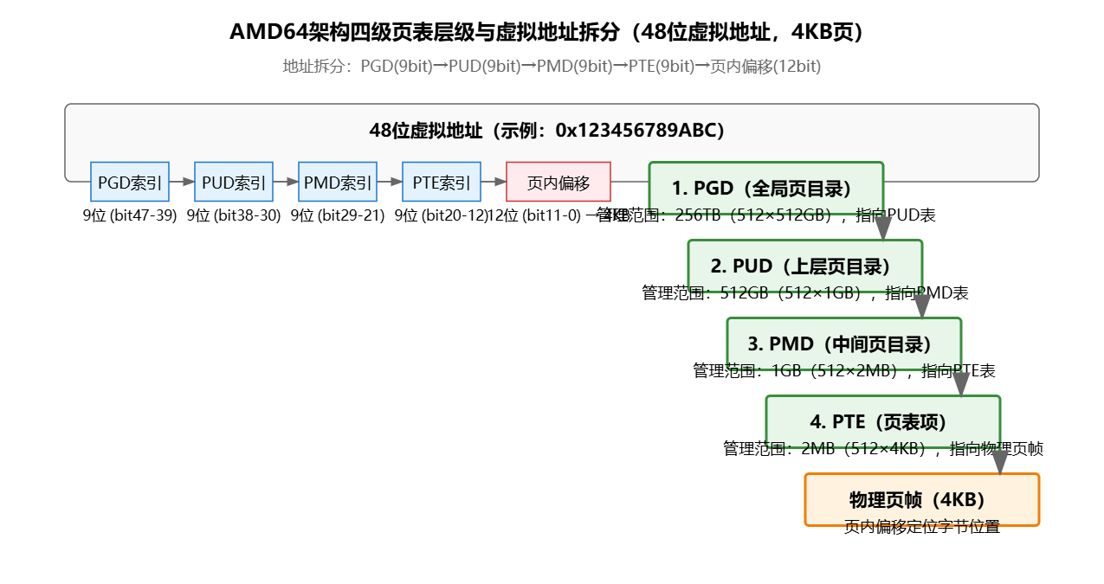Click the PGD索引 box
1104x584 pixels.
tap(130, 182)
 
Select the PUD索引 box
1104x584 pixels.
tap(234, 182)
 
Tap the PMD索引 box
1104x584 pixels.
tap(338, 182)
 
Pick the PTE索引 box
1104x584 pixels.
tap(442, 182)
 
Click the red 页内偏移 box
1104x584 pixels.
tap(558, 182)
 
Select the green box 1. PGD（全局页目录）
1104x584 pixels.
tap(765, 188)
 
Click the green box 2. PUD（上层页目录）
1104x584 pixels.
tap(804, 266)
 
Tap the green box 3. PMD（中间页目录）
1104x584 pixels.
tap(843, 343)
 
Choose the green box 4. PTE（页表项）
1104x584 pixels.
tap(882, 421)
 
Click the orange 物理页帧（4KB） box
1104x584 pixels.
tap(921, 499)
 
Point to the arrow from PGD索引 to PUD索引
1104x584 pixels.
tap(182, 182)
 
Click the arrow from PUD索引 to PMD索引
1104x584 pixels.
tap(286, 182)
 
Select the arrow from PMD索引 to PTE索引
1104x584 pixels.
tap(390, 182)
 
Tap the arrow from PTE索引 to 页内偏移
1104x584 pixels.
tap(494, 182)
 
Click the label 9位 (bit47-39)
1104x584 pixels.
tap(130, 215)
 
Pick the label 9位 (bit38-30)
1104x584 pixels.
tap(234, 215)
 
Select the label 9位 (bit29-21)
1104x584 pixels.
tap(338, 215)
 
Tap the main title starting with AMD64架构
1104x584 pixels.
tap(552, 32)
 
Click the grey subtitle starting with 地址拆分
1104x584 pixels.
tap(552, 67)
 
